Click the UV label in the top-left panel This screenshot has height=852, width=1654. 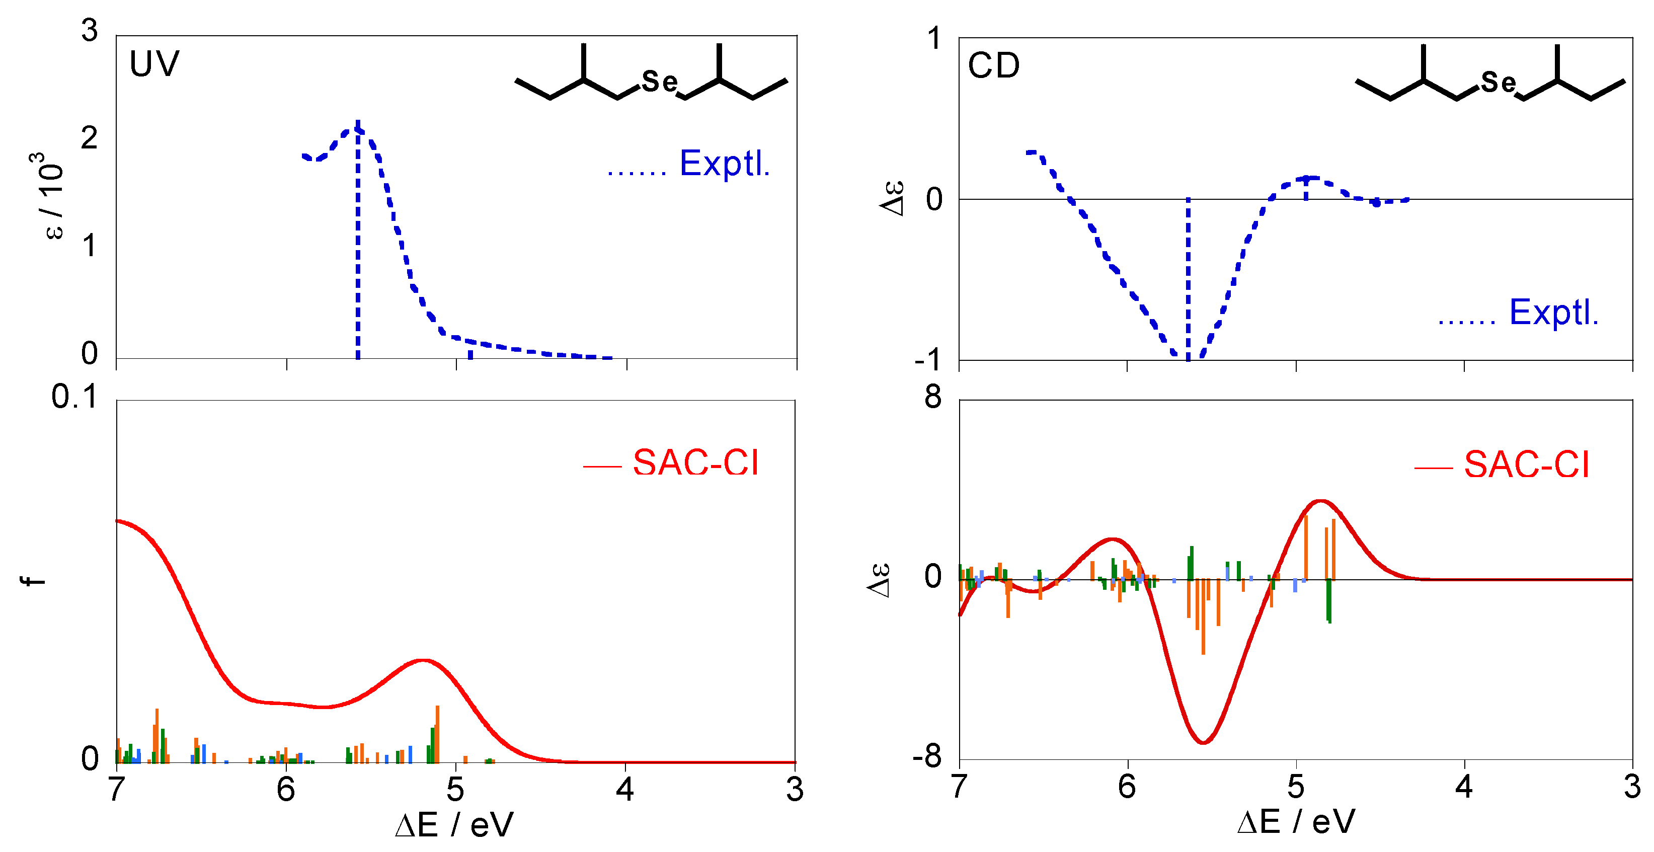154,64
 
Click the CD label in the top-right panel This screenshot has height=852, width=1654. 993,66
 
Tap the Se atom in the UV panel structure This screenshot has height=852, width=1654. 659,82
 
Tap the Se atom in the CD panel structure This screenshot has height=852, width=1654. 1498,82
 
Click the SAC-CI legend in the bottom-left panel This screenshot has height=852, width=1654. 695,463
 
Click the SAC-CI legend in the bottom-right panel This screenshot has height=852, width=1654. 1526,465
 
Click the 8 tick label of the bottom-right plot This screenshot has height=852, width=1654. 932,398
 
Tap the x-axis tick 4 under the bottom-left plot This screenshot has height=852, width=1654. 625,789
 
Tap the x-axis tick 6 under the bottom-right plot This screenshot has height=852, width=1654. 1127,787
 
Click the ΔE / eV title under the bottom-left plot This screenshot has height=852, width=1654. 454,825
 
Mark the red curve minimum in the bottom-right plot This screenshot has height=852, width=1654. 1203,743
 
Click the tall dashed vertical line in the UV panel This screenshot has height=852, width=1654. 358,244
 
